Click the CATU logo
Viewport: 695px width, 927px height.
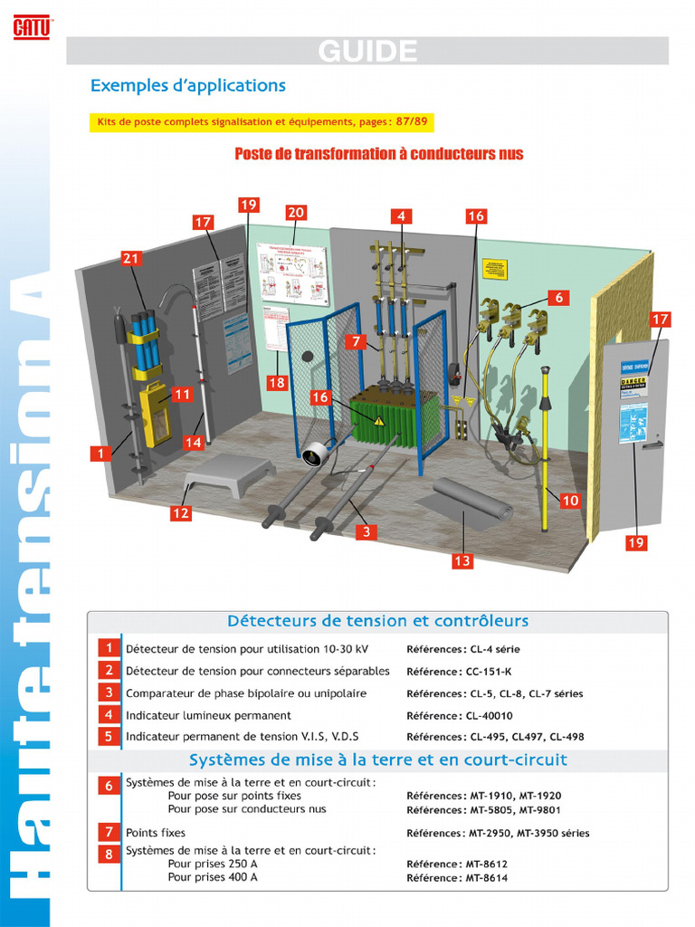pos(32,29)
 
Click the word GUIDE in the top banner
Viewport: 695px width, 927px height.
pos(367,52)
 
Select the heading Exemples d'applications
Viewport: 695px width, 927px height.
pos(188,86)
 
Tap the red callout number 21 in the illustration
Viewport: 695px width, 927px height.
pos(131,259)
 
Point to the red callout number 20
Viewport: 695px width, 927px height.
pos(295,213)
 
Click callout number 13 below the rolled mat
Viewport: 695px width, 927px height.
pos(462,561)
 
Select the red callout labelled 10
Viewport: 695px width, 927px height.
pos(570,500)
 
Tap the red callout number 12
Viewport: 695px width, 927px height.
pos(181,513)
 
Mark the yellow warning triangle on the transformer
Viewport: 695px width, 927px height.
pos(379,420)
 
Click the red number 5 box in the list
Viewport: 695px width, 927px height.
pos(109,736)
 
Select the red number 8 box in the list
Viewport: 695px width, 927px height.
pos(109,854)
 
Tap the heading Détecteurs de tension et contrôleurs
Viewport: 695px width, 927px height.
pos(377,621)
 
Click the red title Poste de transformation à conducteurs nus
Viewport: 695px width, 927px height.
pos(378,154)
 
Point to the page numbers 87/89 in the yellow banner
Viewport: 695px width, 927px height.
pos(411,121)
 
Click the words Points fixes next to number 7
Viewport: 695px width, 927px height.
pos(156,833)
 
